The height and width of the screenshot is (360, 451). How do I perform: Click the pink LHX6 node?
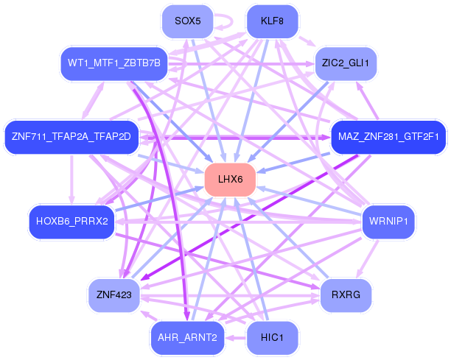coord(230,180)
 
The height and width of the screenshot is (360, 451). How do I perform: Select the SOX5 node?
coord(187,21)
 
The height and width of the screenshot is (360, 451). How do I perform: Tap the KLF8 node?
coord(273,21)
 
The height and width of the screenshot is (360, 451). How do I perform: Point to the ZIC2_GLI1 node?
coord(346,63)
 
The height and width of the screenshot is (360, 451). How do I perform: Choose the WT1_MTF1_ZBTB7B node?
coord(114,63)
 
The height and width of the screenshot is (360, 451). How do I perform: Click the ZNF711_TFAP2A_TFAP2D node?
coord(71,137)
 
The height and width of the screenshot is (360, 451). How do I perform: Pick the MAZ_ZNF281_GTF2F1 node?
coord(388,137)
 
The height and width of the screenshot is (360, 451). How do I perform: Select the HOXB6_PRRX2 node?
coord(72,222)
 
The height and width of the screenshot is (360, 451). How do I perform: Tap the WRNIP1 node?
coord(388,222)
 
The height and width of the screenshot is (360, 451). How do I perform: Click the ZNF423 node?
coord(114,295)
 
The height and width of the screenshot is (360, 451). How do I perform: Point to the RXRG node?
coord(346,295)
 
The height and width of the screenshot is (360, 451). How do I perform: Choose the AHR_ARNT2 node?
coord(187,338)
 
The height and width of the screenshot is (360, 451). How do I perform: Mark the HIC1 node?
coord(273,338)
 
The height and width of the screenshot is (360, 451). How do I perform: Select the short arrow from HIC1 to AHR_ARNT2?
coord(236,338)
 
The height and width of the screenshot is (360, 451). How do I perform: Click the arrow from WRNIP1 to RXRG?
coord(368,258)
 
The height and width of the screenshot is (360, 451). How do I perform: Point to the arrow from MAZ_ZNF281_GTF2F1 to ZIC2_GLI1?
coord(367,100)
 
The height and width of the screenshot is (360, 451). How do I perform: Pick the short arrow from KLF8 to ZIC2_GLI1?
coord(307,41)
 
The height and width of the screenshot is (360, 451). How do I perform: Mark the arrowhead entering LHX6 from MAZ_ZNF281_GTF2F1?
coord(261,171)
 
